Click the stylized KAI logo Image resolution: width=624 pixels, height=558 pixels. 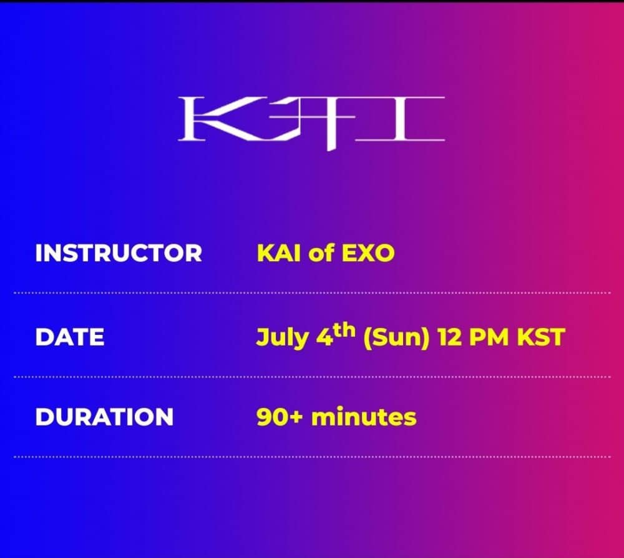(x=311, y=122)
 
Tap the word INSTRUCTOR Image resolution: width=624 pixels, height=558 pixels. (x=119, y=253)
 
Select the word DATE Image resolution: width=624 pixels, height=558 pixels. (x=70, y=337)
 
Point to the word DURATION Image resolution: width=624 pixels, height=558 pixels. (x=104, y=417)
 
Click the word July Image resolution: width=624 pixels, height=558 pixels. (x=282, y=338)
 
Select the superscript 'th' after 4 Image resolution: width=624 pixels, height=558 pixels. (x=344, y=331)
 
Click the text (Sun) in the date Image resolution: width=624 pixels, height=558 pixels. (x=397, y=338)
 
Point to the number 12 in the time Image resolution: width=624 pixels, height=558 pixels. (x=449, y=337)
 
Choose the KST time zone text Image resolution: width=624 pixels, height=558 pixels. (x=541, y=337)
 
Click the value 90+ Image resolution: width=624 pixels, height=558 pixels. (x=280, y=417)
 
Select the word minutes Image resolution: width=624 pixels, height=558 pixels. (x=364, y=417)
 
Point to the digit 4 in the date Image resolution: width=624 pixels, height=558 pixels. (x=324, y=337)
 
